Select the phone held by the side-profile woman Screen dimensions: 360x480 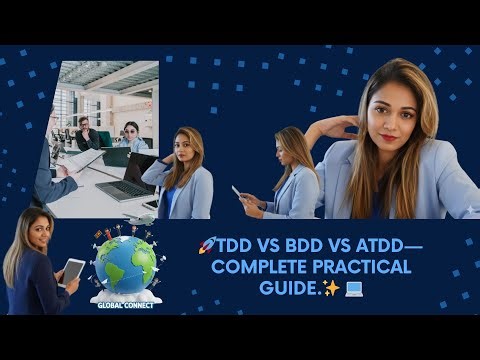tap(236, 190)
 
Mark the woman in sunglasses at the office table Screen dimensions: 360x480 tap(131, 135)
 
